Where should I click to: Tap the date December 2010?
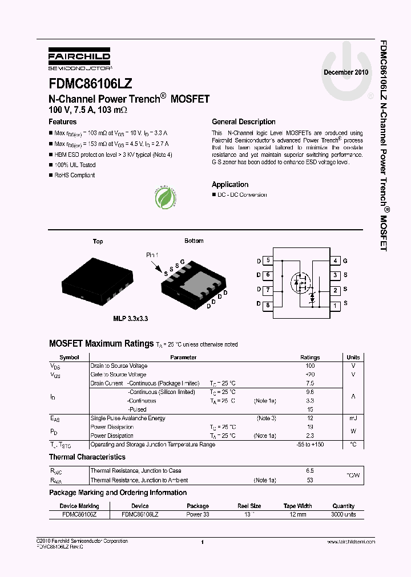coord(346,73)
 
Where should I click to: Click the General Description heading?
coord(243,122)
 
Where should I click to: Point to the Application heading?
coord(230,185)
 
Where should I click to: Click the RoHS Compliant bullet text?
coord(74,176)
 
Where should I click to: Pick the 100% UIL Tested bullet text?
coord(75,165)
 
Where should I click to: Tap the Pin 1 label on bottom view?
coord(152,255)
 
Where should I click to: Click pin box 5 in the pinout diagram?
coord(268,261)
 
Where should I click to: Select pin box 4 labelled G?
coord(336,261)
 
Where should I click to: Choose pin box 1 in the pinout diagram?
coord(336,306)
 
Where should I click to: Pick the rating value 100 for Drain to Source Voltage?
coord(310,366)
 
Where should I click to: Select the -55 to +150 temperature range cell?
coord(311,445)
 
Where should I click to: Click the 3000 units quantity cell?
coord(343,514)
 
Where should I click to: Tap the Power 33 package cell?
coord(198,514)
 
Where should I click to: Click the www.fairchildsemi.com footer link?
coord(352,542)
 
